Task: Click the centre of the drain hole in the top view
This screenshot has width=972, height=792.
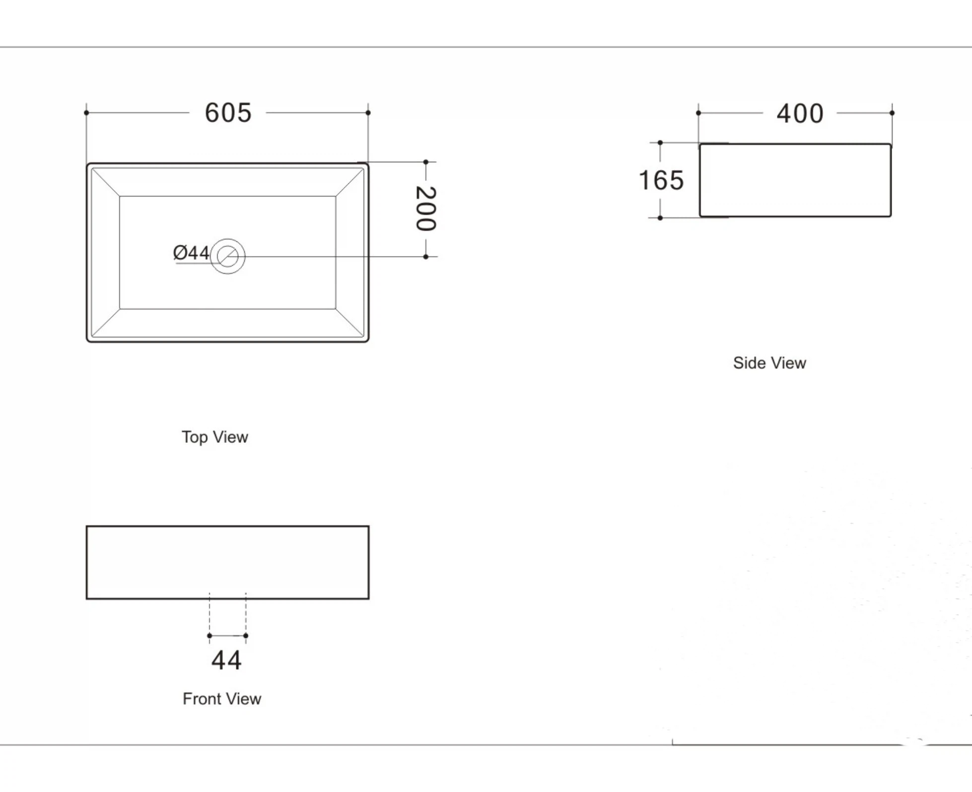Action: (227, 256)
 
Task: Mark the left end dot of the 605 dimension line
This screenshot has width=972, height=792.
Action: (86, 113)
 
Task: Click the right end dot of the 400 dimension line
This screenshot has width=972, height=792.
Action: (892, 113)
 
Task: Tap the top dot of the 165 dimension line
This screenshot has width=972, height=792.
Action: (660, 143)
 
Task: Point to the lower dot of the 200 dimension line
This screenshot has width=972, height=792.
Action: (426, 257)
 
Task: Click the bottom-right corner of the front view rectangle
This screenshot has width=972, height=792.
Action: (369, 599)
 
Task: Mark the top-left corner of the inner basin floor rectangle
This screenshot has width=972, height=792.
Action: (120, 196)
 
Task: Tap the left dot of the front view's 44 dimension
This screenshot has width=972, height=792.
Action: (209, 636)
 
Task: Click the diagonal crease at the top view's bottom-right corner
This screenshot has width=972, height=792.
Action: (350, 323)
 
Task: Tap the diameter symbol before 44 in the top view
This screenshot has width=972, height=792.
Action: (180, 253)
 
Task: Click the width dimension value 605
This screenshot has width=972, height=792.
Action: (228, 113)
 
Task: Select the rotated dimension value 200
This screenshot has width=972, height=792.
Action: (426, 209)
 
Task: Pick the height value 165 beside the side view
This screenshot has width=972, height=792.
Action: (661, 180)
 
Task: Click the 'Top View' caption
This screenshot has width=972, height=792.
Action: (215, 437)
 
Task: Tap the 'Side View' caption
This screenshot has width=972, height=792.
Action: (769, 363)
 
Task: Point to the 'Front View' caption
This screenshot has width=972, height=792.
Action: (222, 699)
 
